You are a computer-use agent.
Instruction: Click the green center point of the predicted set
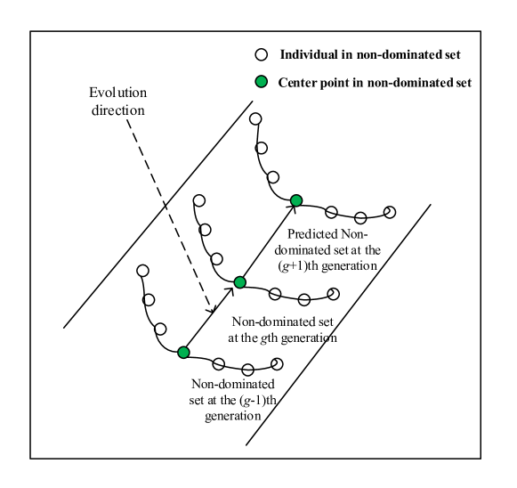pyautogui.click(x=296, y=199)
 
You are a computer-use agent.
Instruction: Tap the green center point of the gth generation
pyautogui.click(x=239, y=282)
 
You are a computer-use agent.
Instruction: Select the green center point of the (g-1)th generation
pyautogui.click(x=183, y=353)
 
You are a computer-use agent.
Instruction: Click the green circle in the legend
pyautogui.click(x=263, y=83)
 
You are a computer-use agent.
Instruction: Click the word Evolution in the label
pyautogui.click(x=118, y=94)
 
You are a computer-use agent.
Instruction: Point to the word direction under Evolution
pyautogui.click(x=118, y=110)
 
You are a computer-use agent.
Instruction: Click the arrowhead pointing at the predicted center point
pyautogui.click(x=291, y=207)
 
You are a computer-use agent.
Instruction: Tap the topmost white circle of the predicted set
pyautogui.click(x=256, y=118)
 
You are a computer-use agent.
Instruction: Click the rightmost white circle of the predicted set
pyautogui.click(x=389, y=211)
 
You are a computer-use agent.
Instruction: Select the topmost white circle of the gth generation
pyautogui.click(x=199, y=201)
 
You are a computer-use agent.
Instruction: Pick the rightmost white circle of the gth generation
pyautogui.click(x=333, y=292)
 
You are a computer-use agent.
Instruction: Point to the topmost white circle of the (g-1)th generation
pyautogui.click(x=142, y=271)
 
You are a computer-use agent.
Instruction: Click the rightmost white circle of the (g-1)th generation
pyautogui.click(x=278, y=363)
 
